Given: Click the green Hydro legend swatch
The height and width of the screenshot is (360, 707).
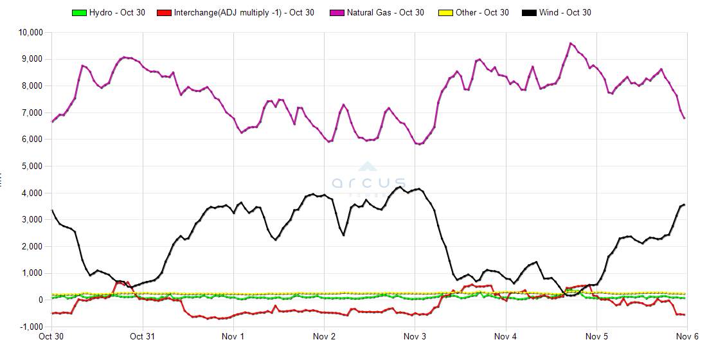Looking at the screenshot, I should pos(79,13).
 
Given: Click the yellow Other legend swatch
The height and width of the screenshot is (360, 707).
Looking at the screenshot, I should pos(445,13).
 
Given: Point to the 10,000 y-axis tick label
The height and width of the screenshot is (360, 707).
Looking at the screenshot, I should pos(30,32).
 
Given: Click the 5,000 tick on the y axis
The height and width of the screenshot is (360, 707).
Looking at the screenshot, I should pos(31,166).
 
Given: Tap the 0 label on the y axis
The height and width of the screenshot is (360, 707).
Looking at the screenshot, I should pos(40,300).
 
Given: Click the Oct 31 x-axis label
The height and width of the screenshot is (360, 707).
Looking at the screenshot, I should pos(142,336).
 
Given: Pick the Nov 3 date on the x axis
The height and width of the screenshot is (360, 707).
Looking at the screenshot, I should pos(415,336).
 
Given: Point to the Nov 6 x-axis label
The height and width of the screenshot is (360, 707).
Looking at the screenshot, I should pos(687,336).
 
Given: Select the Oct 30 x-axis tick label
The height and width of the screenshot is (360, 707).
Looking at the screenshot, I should pos(51,336).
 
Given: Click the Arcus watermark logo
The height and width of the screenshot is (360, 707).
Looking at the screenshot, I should pos(369,181).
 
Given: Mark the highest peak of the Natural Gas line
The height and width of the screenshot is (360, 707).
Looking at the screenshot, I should pos(570,43).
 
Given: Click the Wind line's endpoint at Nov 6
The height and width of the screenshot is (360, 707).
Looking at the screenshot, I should pos(685,204).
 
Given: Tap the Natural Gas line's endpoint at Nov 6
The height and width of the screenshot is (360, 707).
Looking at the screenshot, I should pos(685,118).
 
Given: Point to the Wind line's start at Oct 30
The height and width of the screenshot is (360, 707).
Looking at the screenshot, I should pos(52,210).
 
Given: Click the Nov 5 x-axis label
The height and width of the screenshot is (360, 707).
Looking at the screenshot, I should pos(596,336).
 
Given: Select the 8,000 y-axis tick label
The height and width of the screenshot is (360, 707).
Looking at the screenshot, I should pos(31,85).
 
